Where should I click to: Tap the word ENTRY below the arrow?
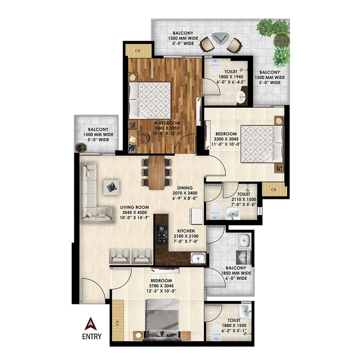coord(91,337)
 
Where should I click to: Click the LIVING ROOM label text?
coord(135,207)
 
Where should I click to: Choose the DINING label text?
coord(184,188)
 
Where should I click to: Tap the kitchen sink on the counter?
coord(197,258)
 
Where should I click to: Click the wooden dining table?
coord(156,172)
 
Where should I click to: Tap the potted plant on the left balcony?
coord(82,147)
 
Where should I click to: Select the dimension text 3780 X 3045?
coord(162,286)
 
